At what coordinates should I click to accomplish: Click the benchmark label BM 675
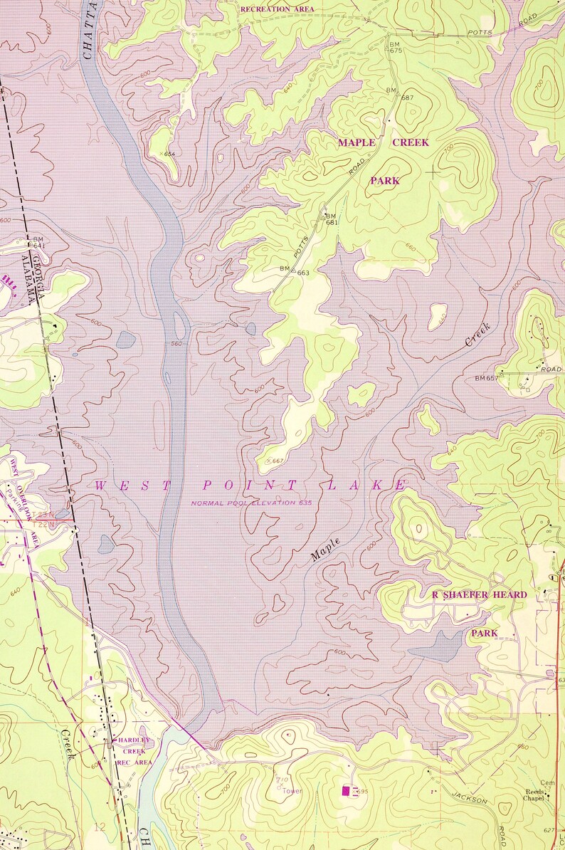point(395,47)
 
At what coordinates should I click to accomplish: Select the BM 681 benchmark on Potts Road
point(330,219)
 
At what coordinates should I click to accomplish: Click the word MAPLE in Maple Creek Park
point(356,142)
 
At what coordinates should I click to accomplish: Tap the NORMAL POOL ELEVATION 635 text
point(251,503)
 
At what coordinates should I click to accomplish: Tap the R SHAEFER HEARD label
point(480,594)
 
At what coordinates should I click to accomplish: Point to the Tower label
point(292,791)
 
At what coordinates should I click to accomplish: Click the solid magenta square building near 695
point(347,790)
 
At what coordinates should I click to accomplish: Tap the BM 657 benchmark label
point(487,377)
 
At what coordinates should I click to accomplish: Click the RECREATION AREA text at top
point(277,9)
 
